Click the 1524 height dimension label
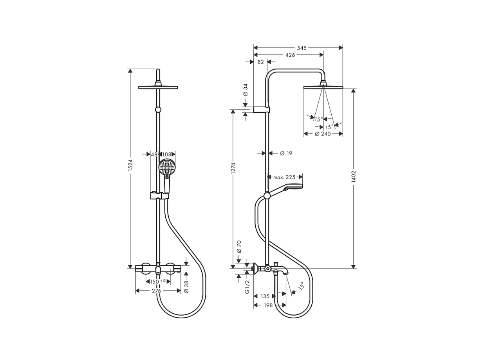coord(131,164)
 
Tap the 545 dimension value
coord(302,48)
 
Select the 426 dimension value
coord(290,55)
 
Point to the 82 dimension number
coord(261,62)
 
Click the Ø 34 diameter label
coord(246,90)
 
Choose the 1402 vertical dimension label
coord(354,177)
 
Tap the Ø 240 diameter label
coord(323,134)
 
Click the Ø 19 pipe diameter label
coord(286,154)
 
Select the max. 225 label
coord(284,177)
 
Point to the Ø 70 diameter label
coord(239,246)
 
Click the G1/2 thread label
coord(247,287)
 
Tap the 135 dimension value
coord(265,296)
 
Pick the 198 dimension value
coord(268,305)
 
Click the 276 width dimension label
coord(156,291)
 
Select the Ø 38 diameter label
coord(186,287)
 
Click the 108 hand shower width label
coord(167,154)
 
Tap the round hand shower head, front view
coord(167,168)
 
